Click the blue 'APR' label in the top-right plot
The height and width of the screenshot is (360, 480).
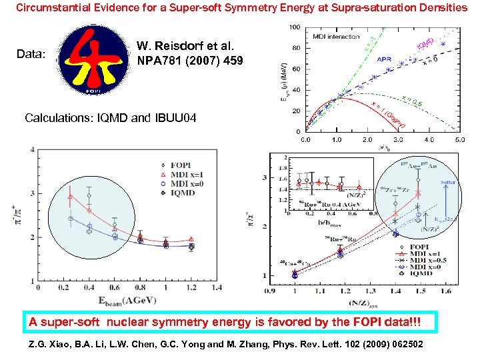pyautogui.click(x=385, y=59)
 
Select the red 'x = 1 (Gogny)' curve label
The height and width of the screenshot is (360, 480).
pyautogui.click(x=390, y=113)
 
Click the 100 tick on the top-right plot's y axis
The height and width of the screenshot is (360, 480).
pyautogui.click(x=295, y=27)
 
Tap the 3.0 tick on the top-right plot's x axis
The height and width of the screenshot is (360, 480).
pyautogui.click(x=399, y=140)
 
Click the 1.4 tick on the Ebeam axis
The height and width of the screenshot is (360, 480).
pyautogui.click(x=214, y=288)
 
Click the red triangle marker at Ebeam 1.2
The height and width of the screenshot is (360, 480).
pyautogui.click(x=191, y=239)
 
